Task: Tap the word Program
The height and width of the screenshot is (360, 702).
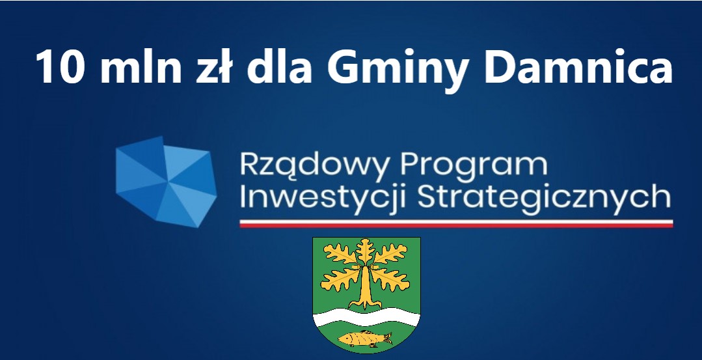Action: click(x=474, y=166)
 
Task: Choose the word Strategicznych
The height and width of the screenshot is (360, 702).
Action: click(x=544, y=197)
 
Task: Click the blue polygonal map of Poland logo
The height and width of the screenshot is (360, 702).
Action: click(x=166, y=182)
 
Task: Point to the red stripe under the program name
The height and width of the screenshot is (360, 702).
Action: click(x=456, y=225)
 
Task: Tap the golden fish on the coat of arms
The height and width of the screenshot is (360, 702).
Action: click(x=364, y=339)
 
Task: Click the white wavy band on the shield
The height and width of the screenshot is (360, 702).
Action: click(x=366, y=317)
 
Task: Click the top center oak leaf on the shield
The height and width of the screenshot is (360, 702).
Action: click(x=366, y=251)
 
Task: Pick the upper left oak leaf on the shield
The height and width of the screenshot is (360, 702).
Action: click(x=340, y=254)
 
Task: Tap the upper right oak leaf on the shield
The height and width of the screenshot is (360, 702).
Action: click(x=392, y=254)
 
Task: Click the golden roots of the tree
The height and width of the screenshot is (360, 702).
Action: click(x=366, y=304)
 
